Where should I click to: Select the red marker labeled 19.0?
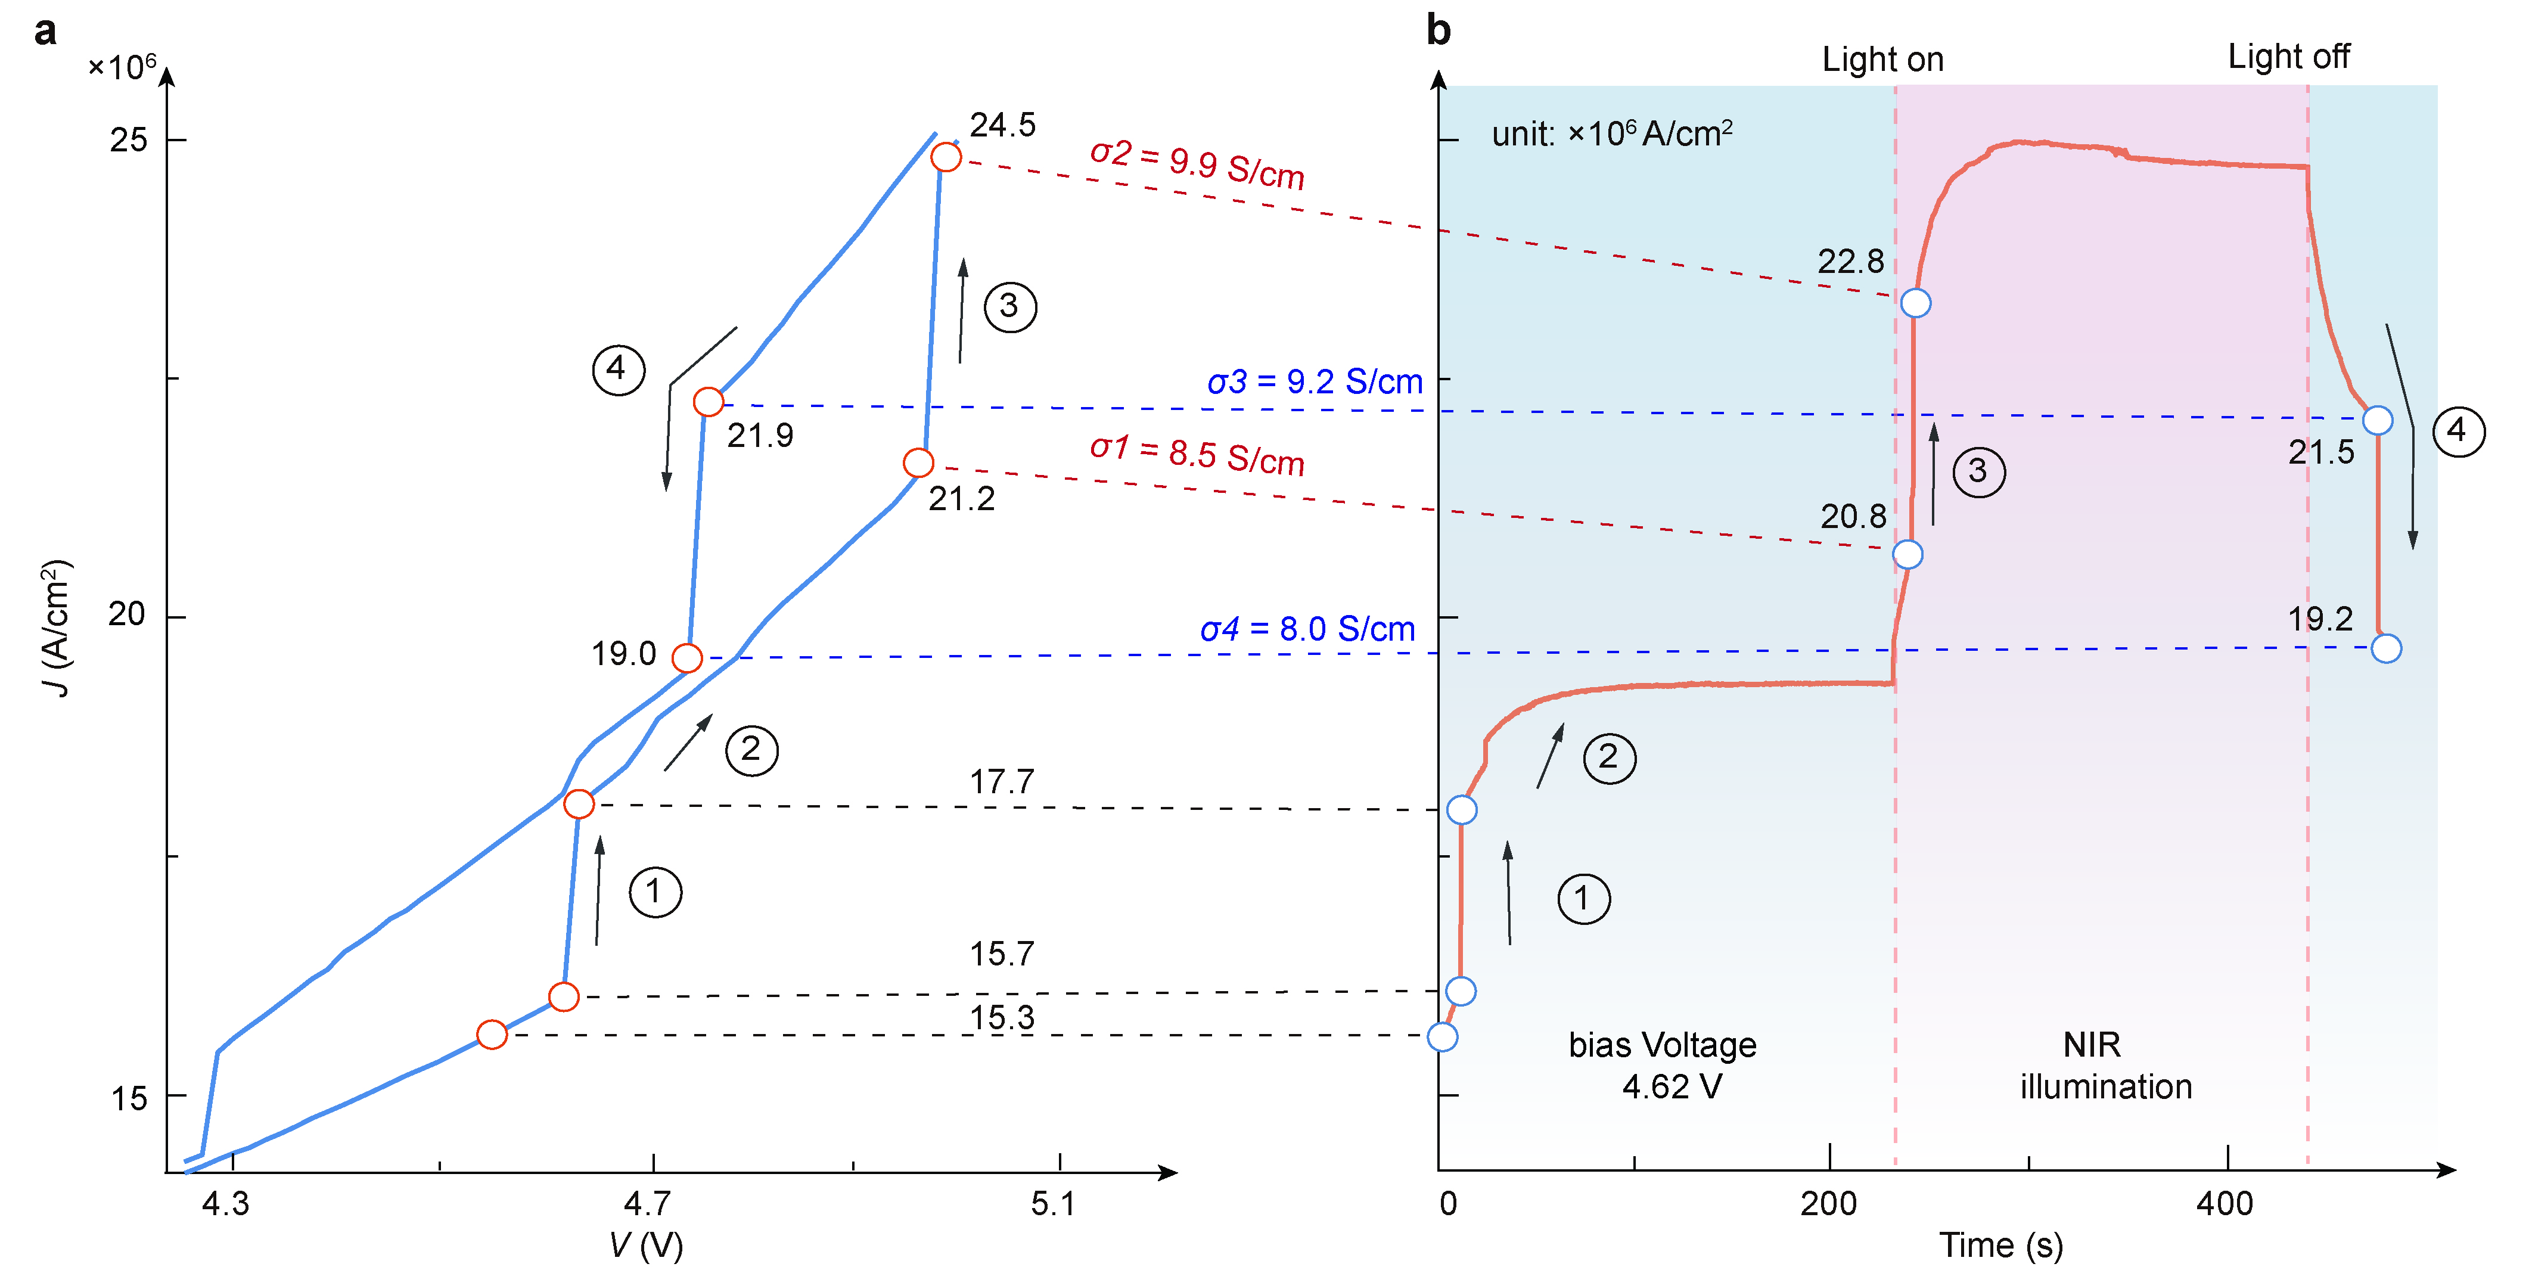pos(687,657)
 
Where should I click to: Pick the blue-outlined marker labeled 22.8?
pos(1915,303)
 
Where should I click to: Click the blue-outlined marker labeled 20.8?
pos(1907,554)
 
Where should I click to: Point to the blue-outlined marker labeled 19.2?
pos(2385,648)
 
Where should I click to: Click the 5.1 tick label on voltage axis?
pos(1053,1203)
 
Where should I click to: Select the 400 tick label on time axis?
pos(2225,1203)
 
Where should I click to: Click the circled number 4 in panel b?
pos(2458,430)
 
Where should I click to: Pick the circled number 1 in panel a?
pos(655,892)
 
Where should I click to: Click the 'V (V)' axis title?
pos(646,1246)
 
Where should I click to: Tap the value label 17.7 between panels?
pos(1002,781)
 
